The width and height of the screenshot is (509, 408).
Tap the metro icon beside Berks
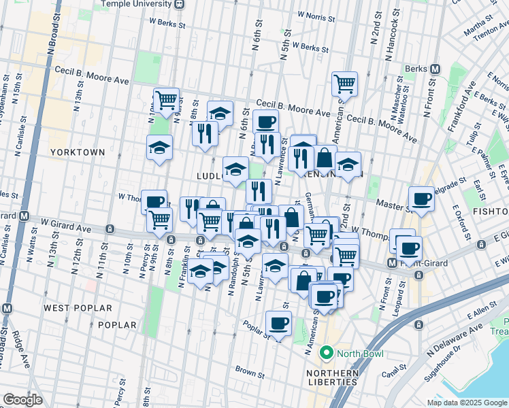click(x=436, y=69)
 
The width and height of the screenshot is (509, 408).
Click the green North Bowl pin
click(x=327, y=353)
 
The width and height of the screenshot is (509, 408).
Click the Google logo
click(x=22, y=400)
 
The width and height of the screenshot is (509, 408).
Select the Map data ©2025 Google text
click(x=467, y=403)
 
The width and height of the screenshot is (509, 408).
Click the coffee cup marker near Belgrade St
click(x=422, y=199)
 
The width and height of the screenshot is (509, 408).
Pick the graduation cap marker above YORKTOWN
click(x=159, y=148)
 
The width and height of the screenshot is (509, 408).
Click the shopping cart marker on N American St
click(x=345, y=84)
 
